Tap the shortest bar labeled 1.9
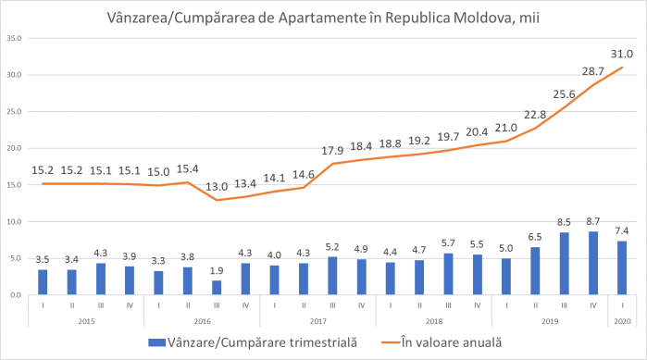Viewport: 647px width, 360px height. click(216, 288)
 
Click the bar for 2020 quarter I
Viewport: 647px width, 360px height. click(620, 268)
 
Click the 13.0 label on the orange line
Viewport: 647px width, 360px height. click(216, 185)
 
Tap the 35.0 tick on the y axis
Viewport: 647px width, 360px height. click(14, 39)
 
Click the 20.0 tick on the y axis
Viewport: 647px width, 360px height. click(14, 148)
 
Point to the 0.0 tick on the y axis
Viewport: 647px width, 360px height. click(16, 295)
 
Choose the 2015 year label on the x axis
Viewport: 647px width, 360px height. click(86, 320)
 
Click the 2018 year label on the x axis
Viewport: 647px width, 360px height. click(433, 320)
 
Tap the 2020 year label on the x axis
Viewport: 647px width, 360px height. click(620, 320)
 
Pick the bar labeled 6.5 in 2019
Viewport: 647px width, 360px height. click(534, 271)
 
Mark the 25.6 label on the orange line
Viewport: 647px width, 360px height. click(563, 93)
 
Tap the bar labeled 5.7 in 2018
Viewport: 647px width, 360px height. click(447, 274)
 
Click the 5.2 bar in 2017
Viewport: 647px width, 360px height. click(331, 276)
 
